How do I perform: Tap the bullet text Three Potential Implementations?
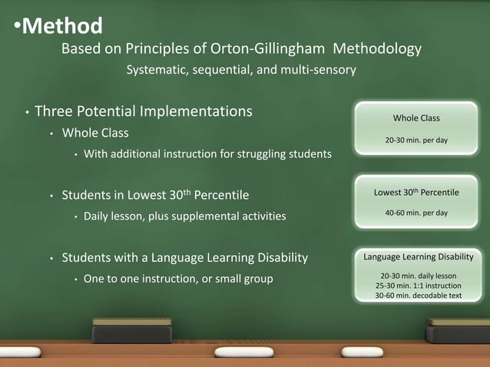click(144, 111)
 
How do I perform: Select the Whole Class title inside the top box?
click(416, 118)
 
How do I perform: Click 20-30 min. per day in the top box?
click(416, 141)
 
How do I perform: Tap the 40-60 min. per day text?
click(416, 213)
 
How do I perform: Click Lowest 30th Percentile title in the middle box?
click(416, 191)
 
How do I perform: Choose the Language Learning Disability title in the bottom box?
click(419, 256)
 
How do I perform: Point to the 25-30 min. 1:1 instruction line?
click(419, 286)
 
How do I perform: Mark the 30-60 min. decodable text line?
click(419, 296)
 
